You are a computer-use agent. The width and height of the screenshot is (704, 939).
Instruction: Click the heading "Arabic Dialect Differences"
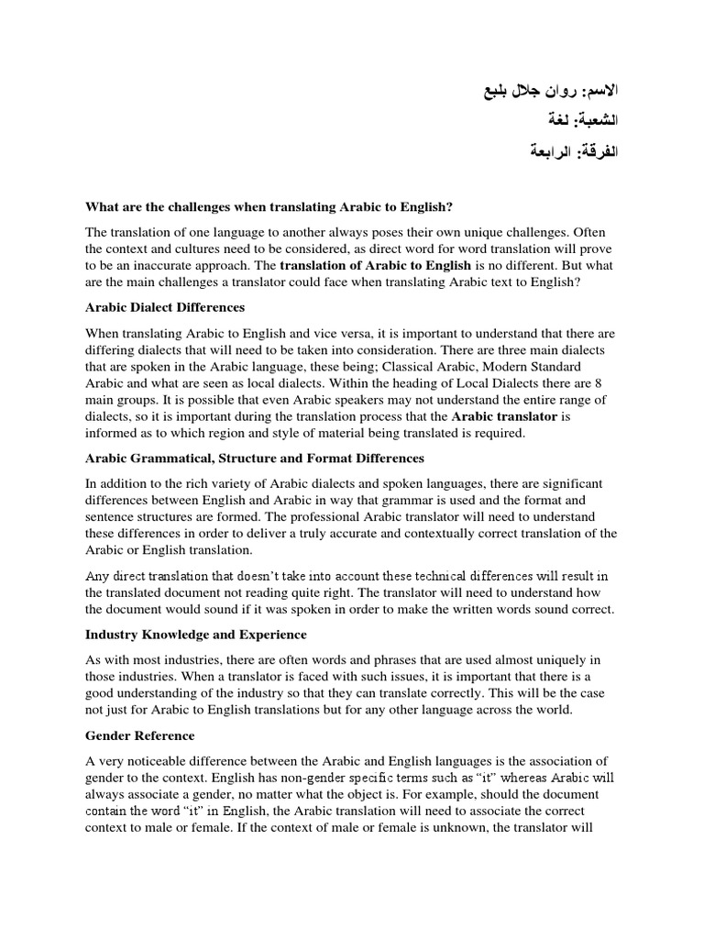click(x=165, y=307)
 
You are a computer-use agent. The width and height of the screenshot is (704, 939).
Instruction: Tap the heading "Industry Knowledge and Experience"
click(x=195, y=634)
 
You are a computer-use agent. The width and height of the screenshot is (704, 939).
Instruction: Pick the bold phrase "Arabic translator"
click(x=504, y=416)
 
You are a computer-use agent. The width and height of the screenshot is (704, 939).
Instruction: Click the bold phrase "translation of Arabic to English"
click(x=375, y=265)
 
